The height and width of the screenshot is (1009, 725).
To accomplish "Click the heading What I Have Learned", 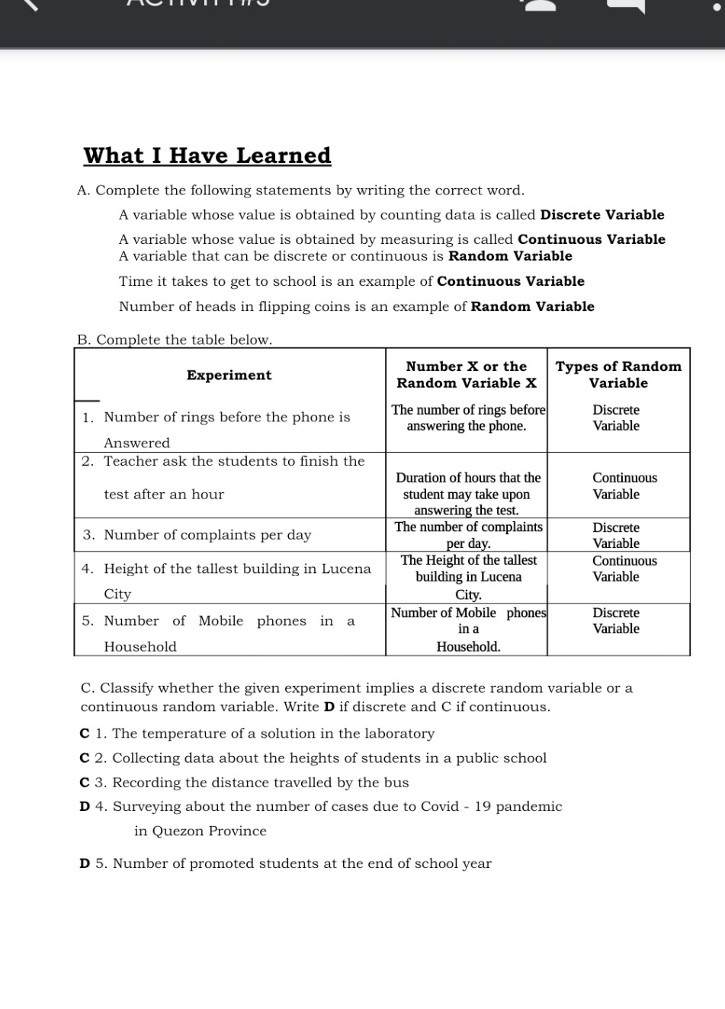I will [207, 155].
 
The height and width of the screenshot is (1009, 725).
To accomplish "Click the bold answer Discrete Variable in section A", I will [601, 215].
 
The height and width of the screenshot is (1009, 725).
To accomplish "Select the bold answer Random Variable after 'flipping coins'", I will [532, 306].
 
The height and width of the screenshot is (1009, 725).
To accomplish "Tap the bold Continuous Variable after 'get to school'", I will [511, 281].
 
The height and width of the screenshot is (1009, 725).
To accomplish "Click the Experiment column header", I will [229, 375].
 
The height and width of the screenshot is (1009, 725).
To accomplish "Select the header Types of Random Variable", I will [618, 375].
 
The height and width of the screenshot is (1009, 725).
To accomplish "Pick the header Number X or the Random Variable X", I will [466, 375].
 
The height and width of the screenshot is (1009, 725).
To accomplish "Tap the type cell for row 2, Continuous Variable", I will [624, 486].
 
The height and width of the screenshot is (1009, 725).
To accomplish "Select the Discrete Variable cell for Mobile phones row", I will [616, 621].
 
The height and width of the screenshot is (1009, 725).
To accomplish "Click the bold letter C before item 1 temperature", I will [85, 734].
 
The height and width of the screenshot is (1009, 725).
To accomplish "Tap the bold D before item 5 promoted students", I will [85, 863].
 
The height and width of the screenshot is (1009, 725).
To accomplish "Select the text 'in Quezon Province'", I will [200, 831].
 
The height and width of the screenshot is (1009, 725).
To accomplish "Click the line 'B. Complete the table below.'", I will [175, 340].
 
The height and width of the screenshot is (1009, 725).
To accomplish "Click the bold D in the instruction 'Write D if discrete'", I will [329, 706].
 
